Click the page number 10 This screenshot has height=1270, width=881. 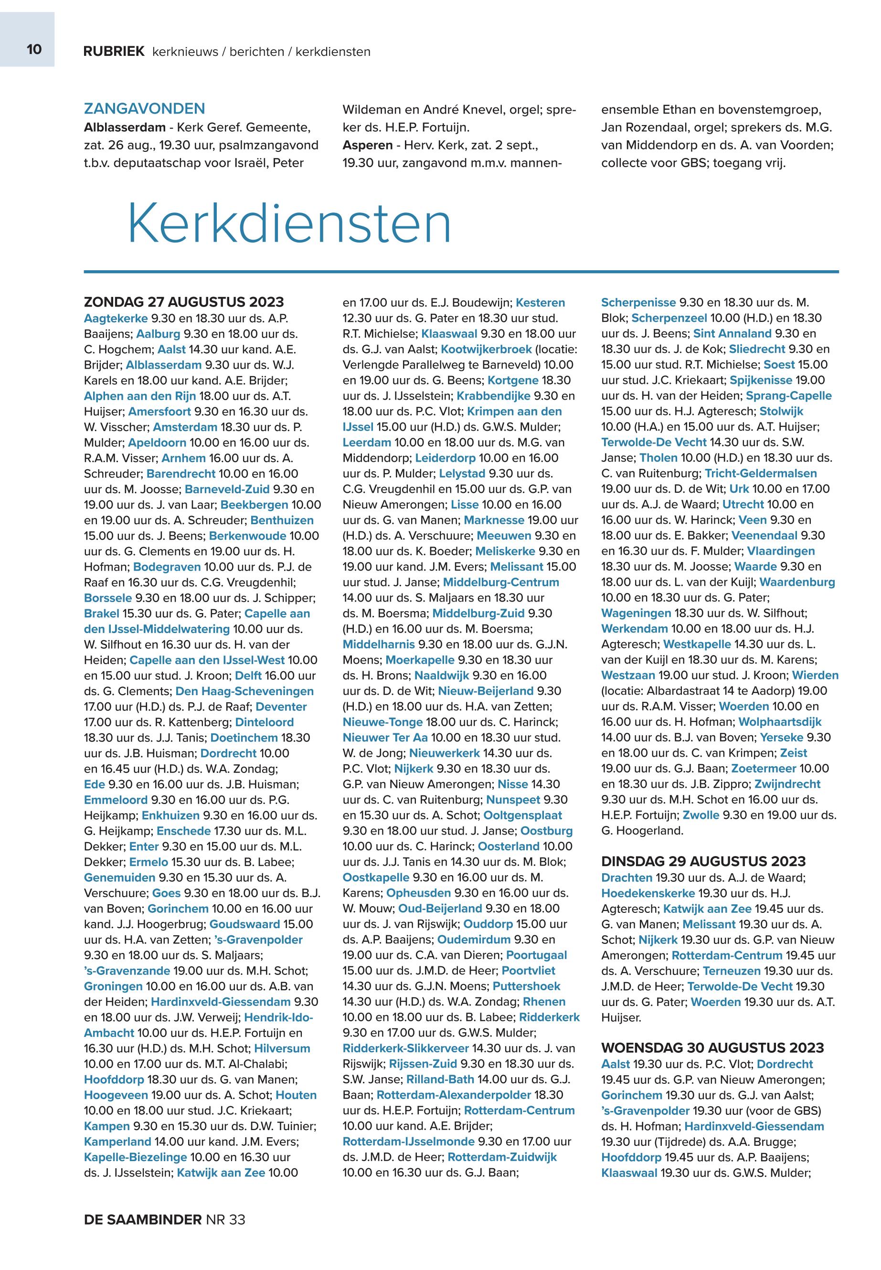coord(34,50)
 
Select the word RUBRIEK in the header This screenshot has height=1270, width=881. coord(114,52)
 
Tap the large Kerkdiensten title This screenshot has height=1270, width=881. coord(289,224)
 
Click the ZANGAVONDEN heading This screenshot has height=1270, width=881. coord(145,108)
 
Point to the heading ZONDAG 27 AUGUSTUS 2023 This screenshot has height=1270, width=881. coord(184,302)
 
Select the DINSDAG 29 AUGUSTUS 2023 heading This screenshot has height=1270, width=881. coord(703,862)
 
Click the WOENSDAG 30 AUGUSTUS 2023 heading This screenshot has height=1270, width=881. coord(712,1048)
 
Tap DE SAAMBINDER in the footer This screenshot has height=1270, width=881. coord(142,1220)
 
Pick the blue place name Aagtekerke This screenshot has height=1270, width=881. coord(116,318)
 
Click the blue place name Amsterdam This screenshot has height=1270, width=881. coord(185,427)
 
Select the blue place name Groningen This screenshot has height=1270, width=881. coord(113,986)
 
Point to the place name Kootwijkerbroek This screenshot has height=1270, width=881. coord(486,349)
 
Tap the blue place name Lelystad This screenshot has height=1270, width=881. coord(462,474)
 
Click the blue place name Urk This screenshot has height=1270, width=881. coord(739,489)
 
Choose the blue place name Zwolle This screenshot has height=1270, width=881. coord(701,815)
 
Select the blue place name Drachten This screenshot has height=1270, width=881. coord(626,878)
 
